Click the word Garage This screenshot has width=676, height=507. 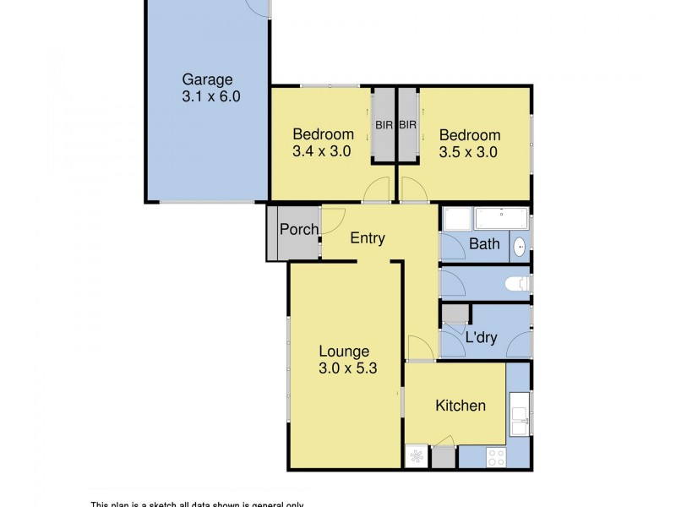[x=207, y=80]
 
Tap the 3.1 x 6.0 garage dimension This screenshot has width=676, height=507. [x=211, y=97]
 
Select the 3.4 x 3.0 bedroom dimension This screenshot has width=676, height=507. [x=322, y=152]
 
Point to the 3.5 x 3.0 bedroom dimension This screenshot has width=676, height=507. [x=468, y=153]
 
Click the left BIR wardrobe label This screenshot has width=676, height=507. [x=384, y=126]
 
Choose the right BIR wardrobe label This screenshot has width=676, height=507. [x=408, y=126]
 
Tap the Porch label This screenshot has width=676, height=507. [x=299, y=229]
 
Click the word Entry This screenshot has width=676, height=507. [x=368, y=238]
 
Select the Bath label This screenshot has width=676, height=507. [x=484, y=245]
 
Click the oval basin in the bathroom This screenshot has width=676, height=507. [x=520, y=246]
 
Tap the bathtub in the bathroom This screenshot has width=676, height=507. [x=502, y=218]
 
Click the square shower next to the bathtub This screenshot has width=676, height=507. [x=457, y=219]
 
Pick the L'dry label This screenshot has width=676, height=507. [x=481, y=337]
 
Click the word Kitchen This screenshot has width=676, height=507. [x=461, y=406]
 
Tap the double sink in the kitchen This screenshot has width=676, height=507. [x=520, y=414]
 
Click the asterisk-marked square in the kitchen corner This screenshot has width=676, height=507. [x=417, y=457]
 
